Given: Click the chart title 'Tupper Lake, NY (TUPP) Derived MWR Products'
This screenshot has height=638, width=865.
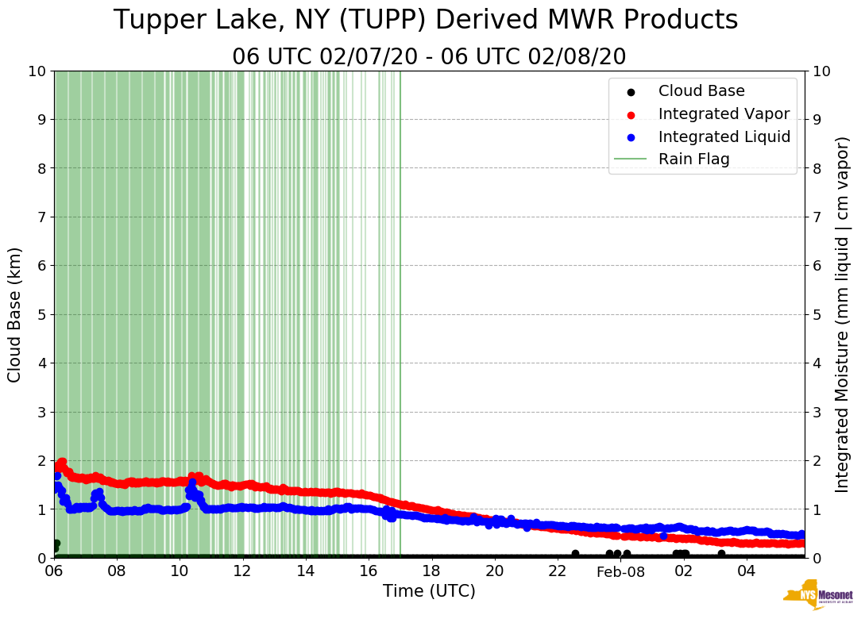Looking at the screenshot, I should [x=426, y=21].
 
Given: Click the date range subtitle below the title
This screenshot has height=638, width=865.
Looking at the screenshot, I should [x=429, y=57].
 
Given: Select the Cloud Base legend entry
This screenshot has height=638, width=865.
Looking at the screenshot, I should [x=701, y=91].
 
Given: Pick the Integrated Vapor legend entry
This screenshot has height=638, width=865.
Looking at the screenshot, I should [x=724, y=113].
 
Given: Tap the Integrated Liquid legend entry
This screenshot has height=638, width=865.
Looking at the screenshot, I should [x=724, y=136].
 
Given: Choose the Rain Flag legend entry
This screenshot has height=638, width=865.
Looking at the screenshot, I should [x=693, y=159].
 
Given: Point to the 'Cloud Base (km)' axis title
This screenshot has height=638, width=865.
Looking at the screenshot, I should [x=15, y=314].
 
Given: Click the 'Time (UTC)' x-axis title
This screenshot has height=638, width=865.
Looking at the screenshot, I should [x=429, y=591].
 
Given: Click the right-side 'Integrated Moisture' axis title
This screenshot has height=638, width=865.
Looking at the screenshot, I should [x=843, y=314].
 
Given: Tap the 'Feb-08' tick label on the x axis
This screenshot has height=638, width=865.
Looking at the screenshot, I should [x=620, y=572].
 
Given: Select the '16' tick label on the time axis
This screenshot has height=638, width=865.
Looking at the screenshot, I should [x=369, y=571].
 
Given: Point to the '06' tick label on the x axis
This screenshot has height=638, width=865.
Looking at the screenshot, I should [x=54, y=571].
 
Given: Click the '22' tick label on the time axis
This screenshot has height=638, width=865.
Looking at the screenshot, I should [x=558, y=571].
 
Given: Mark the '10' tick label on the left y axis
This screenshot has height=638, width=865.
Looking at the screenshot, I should [x=37, y=71].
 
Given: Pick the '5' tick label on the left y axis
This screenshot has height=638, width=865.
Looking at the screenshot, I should [x=41, y=314].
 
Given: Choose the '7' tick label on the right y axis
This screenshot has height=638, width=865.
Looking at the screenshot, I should [x=817, y=217].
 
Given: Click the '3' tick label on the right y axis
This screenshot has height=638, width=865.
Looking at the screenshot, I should [x=817, y=412].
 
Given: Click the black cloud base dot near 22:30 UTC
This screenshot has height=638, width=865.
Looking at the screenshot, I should [x=575, y=554].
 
